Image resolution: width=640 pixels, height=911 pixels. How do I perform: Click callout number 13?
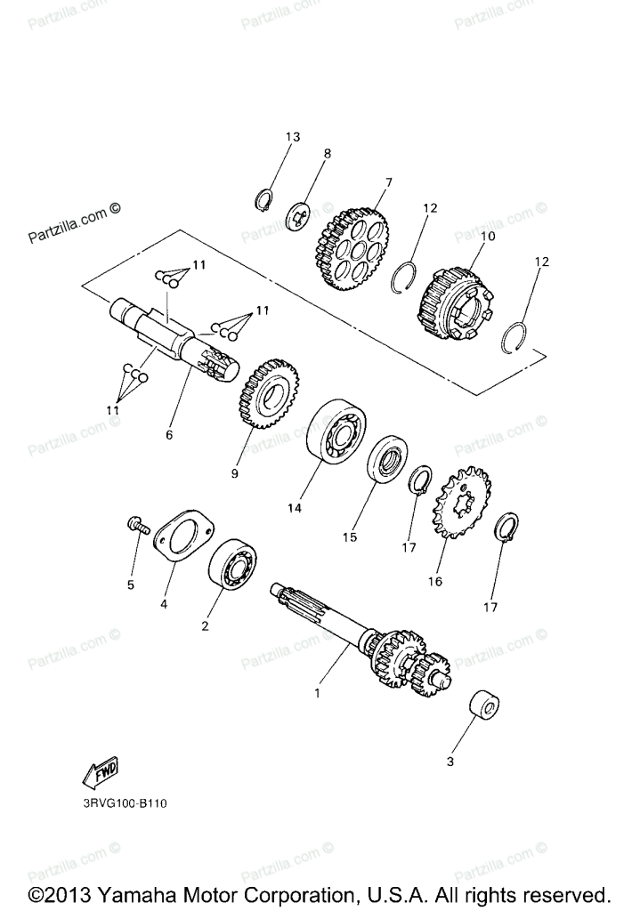pos(292,137)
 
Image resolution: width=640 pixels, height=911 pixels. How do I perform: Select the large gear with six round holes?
pos(352,248)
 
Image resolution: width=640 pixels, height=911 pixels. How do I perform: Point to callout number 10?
pos(487,237)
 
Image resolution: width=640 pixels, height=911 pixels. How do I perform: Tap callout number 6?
pos(169,435)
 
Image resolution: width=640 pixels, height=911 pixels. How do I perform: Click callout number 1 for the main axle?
pos(317,692)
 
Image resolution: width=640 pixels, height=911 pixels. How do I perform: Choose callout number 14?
pos(294,508)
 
